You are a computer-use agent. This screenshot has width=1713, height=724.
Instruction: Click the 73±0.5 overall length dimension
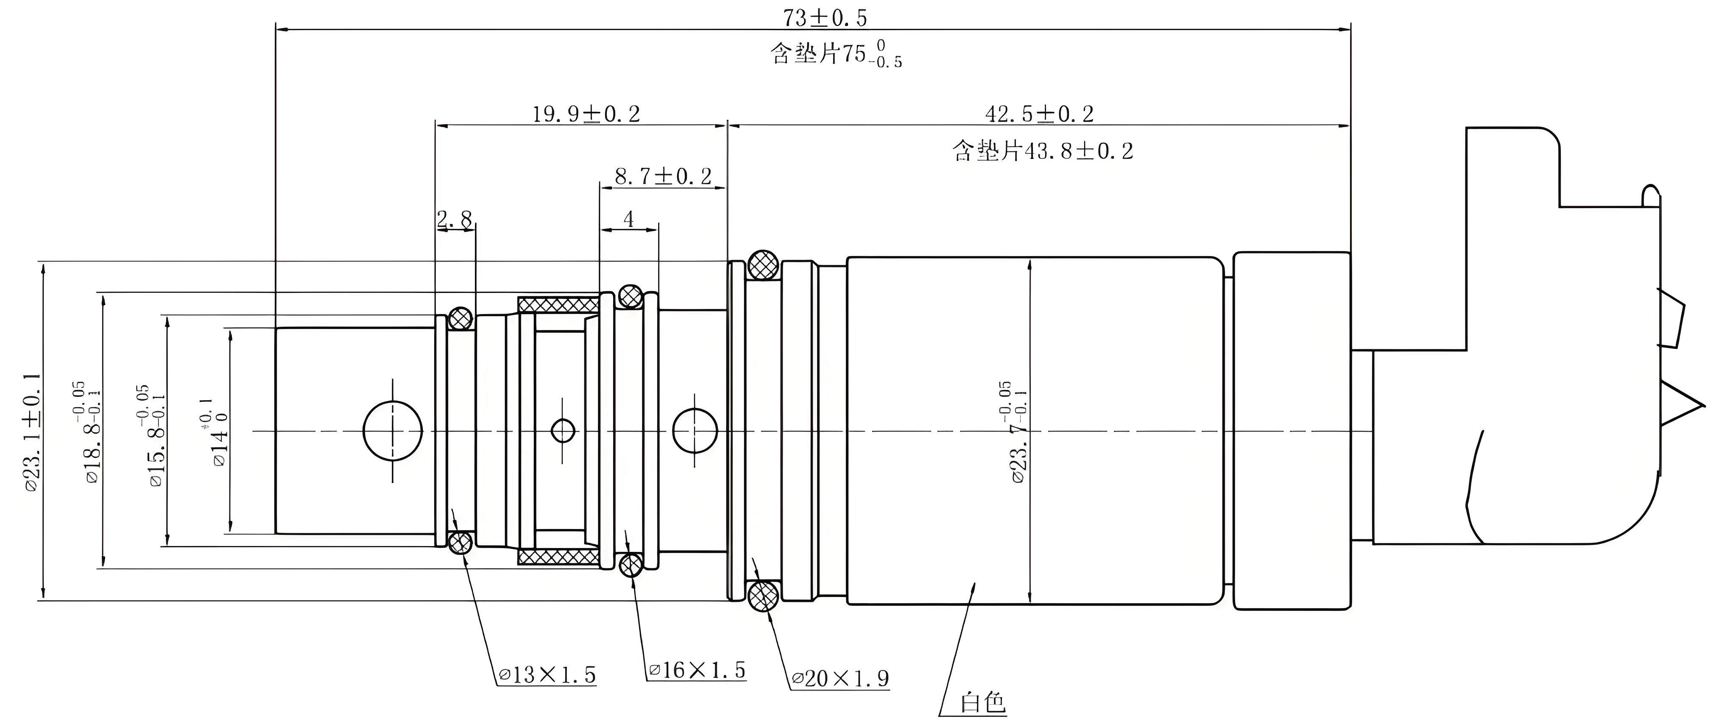(825, 18)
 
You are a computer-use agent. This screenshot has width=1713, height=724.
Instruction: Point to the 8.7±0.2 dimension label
(663, 176)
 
